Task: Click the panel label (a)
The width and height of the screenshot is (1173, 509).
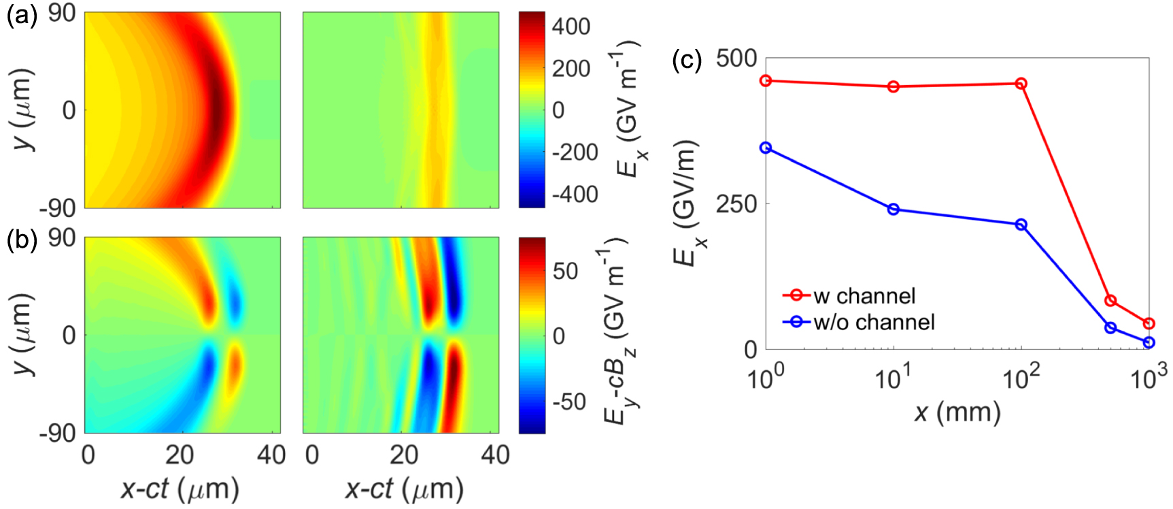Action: [21, 15]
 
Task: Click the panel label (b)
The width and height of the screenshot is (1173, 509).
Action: [21, 240]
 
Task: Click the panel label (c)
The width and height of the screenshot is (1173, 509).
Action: [686, 61]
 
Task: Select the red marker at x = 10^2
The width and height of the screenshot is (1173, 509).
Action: [1021, 84]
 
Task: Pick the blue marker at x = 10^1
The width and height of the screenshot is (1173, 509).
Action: [894, 209]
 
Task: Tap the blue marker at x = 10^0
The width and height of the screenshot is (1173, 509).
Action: [766, 148]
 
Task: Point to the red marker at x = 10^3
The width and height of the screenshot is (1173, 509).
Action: [1149, 323]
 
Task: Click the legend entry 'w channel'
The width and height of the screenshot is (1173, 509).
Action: [864, 296]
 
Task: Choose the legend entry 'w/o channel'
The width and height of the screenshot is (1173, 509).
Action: [874, 322]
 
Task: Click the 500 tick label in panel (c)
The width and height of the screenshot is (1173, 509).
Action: [736, 59]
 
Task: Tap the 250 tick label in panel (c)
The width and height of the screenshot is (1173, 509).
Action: [736, 203]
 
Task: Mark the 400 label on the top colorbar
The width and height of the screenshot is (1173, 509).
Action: [571, 27]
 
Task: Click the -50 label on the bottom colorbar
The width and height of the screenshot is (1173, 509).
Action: [568, 401]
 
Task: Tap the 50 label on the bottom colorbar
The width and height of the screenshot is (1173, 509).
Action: [565, 272]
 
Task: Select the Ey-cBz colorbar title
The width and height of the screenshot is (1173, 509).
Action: [615, 333]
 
